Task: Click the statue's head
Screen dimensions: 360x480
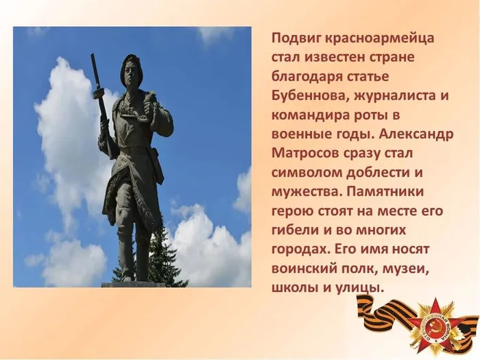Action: coord(131,69)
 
